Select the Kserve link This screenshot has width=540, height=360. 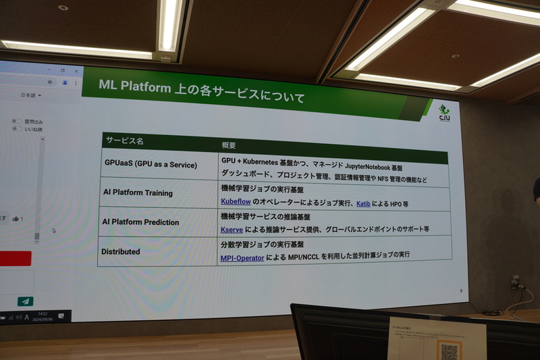232,230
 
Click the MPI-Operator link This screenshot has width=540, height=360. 242,258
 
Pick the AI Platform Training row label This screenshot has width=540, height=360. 137,193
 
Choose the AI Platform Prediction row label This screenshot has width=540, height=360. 140,222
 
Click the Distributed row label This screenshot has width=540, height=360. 121,251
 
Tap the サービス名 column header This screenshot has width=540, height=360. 124,141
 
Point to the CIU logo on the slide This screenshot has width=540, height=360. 443,113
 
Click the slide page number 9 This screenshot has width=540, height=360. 460,291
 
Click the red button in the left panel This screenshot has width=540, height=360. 15,258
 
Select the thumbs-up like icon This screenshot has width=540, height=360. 16,219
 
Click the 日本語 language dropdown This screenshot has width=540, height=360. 28,96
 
